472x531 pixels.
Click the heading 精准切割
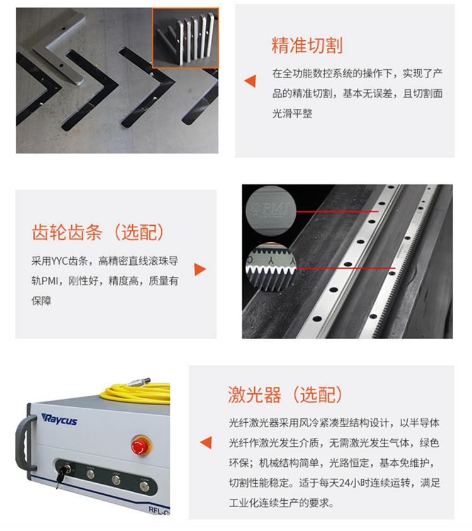pyautogui.click(x=306, y=46)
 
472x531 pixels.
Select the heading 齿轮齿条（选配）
pyautogui.click(x=98, y=232)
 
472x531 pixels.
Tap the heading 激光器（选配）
pyautogui.click(x=285, y=394)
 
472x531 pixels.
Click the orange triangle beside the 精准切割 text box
pyautogui.click(x=250, y=81)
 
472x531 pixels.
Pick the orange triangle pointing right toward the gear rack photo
pyautogui.click(x=200, y=269)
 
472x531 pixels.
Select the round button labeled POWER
pyautogui.click(x=91, y=474)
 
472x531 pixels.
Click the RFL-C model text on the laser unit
pyautogui.click(x=157, y=511)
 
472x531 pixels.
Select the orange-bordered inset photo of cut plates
pyautogui.click(x=186, y=37)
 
